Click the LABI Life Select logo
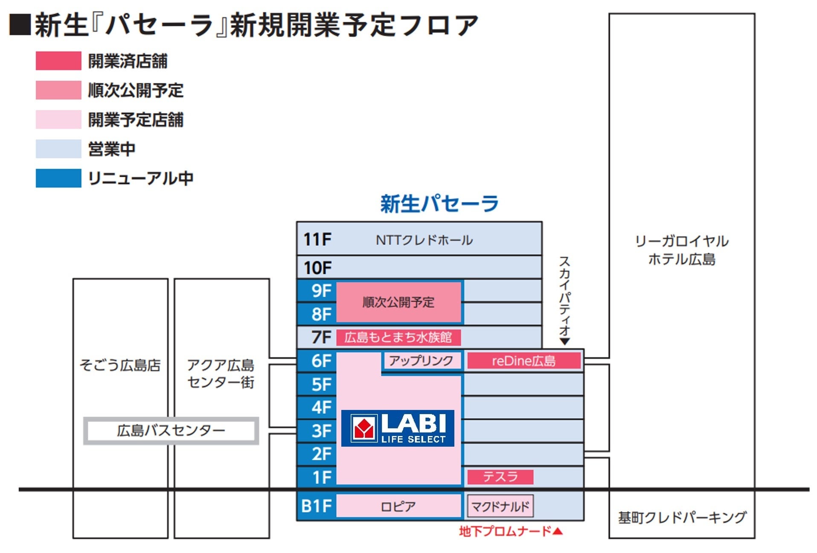[x=397, y=428]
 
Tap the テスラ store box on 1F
[x=500, y=477]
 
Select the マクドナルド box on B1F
[x=500, y=506]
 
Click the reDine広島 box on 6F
[x=523, y=361]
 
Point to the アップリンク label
[x=421, y=361]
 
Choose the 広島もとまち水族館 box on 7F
[x=398, y=337]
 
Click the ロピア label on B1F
[x=398, y=506]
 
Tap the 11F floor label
[x=317, y=240]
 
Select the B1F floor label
[x=316, y=506]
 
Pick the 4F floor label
[x=321, y=407]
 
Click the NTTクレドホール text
[x=424, y=240]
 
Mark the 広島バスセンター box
[x=171, y=430]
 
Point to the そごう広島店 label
[x=120, y=366]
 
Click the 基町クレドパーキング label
[x=682, y=517]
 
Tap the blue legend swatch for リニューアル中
[x=58, y=178]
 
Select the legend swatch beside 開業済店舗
[x=58, y=61]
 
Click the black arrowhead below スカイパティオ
[x=564, y=342]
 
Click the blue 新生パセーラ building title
[x=439, y=203]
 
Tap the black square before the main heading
[x=20, y=25]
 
